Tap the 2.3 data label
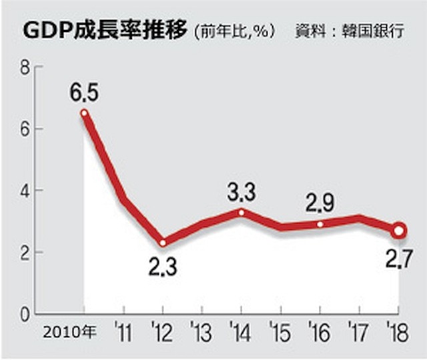[162, 269]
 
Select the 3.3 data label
[241, 193]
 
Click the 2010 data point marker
[84, 113]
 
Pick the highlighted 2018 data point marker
[399, 231]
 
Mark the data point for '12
[162, 243]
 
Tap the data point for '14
[241, 213]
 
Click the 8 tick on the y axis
[25, 67]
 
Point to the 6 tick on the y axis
[25, 129]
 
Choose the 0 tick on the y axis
[25, 314]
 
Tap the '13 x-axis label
[201, 332]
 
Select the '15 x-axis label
[280, 332]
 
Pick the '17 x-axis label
[359, 332]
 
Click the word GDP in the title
[45, 31]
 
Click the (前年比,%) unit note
[233, 32]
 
